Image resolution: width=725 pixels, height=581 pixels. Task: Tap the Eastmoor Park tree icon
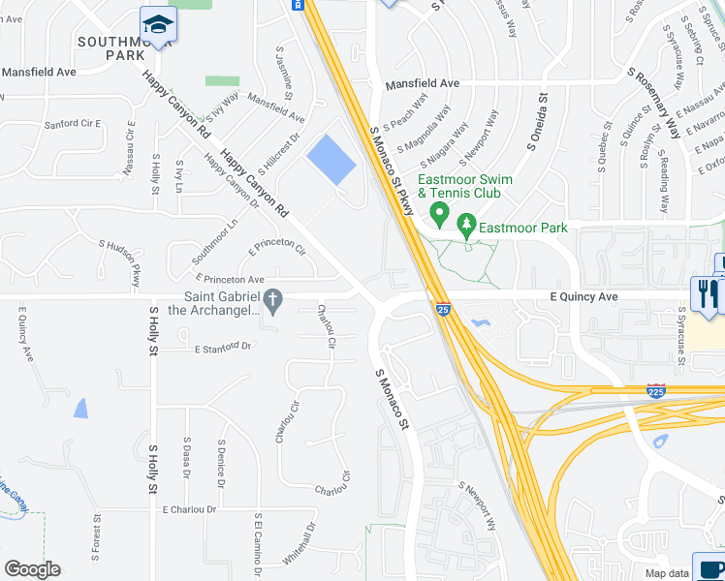click(x=467, y=226)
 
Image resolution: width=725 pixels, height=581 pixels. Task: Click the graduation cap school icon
click(x=158, y=24)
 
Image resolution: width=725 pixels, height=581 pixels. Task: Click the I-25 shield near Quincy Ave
click(x=442, y=310)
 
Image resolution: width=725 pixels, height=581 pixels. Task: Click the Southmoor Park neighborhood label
click(x=125, y=48)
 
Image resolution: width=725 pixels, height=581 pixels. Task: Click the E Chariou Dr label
click(x=189, y=508)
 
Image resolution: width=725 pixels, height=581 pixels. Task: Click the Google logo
click(x=32, y=569)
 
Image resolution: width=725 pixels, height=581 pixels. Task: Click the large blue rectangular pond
click(x=331, y=160)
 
